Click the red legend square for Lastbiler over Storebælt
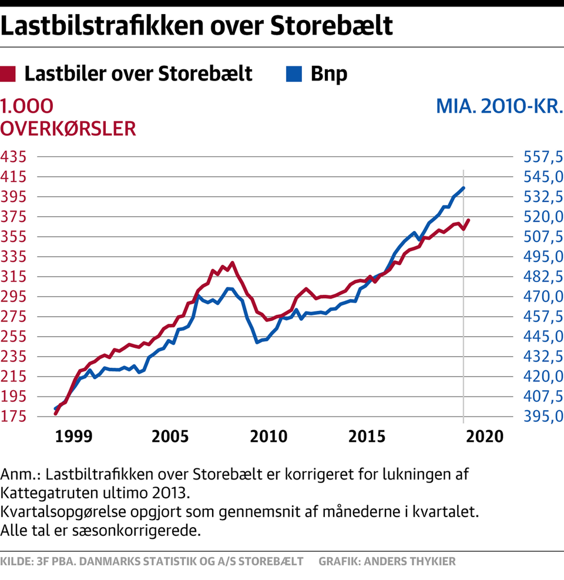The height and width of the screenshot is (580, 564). click(8, 74)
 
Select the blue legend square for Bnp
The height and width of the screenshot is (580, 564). click(294, 74)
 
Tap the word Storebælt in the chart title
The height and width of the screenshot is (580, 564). click(331, 25)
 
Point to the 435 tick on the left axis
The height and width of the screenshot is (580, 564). click(14, 157)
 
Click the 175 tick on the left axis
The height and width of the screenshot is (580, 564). click(14, 417)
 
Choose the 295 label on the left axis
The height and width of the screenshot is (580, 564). click(14, 297)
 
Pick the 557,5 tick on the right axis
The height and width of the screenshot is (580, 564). click(543, 157)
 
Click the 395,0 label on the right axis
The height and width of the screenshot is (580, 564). click(543, 417)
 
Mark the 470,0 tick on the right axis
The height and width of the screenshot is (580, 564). click(543, 297)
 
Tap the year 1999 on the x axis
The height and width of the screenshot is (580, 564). click(73, 437)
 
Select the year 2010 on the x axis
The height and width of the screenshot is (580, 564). click(268, 437)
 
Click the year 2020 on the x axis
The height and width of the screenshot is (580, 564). click(485, 437)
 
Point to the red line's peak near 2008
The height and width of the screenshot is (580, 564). click(232, 263)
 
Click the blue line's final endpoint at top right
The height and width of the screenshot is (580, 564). click(464, 188)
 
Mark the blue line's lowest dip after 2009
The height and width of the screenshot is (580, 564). click(257, 342)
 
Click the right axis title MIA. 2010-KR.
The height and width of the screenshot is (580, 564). click(499, 106)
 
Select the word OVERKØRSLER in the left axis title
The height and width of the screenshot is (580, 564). click(68, 129)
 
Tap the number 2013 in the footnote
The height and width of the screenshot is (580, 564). click(170, 493)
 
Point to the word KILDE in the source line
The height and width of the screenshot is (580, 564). click(16, 562)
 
